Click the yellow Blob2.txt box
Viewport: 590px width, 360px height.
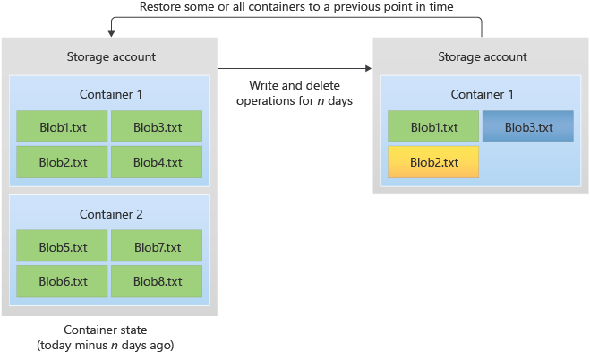(433, 162)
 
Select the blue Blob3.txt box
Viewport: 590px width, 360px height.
(528, 127)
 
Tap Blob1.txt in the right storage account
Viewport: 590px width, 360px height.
(433, 127)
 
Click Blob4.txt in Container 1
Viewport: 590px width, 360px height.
(157, 162)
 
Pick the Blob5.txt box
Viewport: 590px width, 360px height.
(63, 246)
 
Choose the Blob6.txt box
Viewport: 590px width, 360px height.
(63, 281)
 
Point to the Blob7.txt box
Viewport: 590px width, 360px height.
(157, 246)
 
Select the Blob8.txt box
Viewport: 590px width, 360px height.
(157, 281)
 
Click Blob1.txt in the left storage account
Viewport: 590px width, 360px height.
(63, 127)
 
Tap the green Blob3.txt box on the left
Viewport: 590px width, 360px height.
(157, 127)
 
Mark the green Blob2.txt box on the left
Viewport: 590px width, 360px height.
(63, 162)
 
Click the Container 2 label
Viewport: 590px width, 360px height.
(110, 214)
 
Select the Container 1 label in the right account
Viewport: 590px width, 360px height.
(482, 94)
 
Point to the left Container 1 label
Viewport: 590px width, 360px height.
(110, 94)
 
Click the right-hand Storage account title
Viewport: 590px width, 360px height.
(482, 56)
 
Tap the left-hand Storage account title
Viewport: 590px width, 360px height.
(110, 56)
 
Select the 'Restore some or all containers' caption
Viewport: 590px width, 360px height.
(296, 7)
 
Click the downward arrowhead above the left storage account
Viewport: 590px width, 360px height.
(110, 33)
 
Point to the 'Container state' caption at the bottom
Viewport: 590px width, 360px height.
(109, 338)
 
